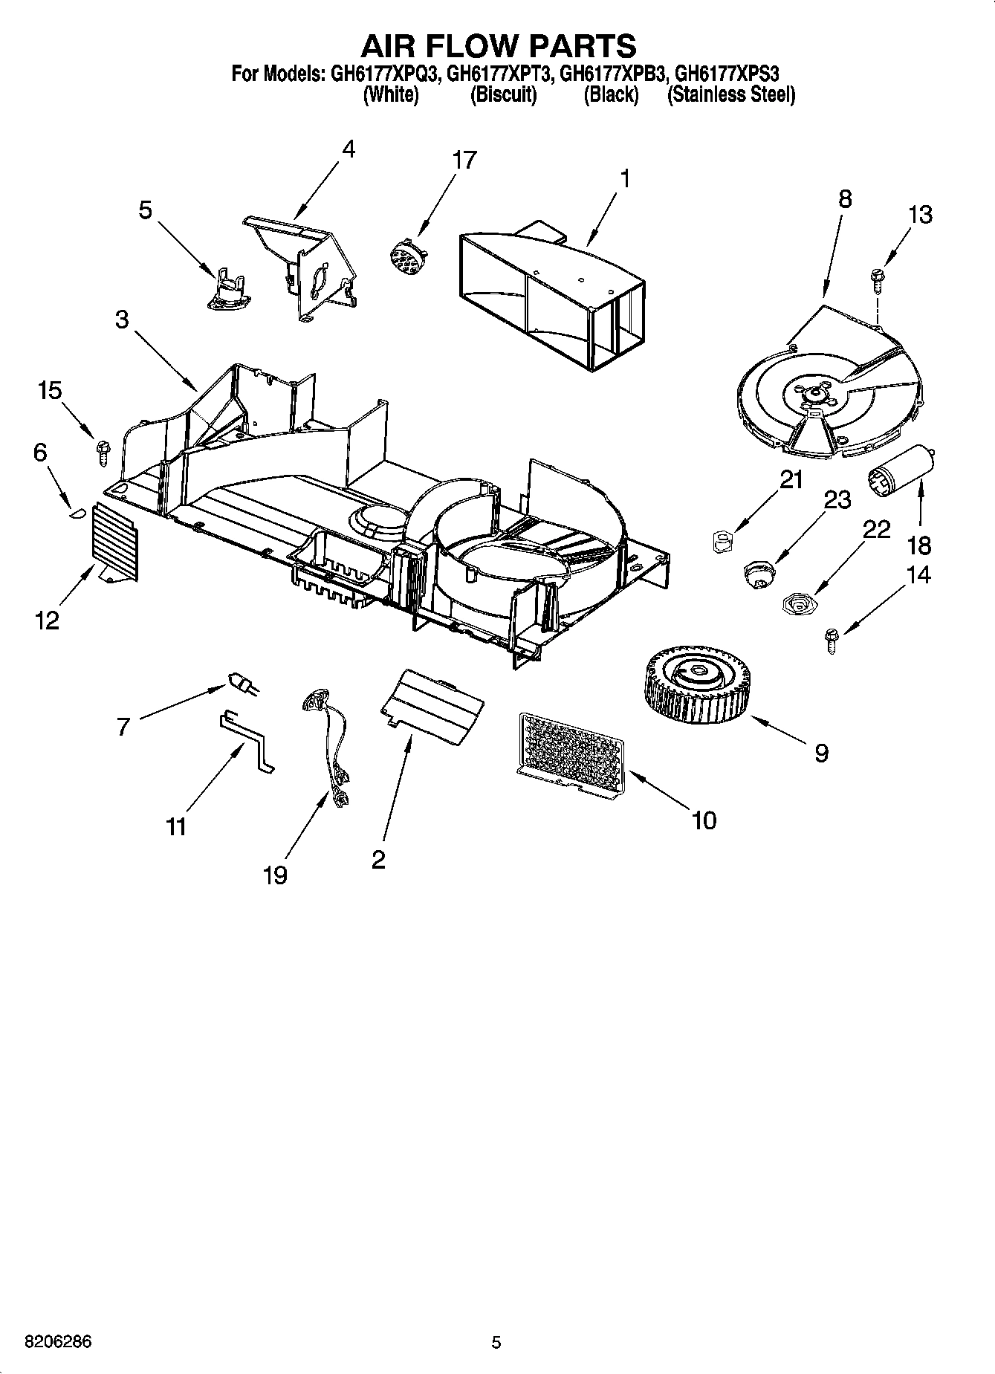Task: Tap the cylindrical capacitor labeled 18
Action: pos(899,468)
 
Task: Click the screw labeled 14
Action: pos(832,640)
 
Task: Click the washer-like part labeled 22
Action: pos(799,603)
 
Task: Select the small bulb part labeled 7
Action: pos(242,684)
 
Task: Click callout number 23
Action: pos(837,500)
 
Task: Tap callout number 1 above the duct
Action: pos(625,178)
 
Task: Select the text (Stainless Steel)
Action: pos(730,95)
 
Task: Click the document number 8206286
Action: pos(58,1342)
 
